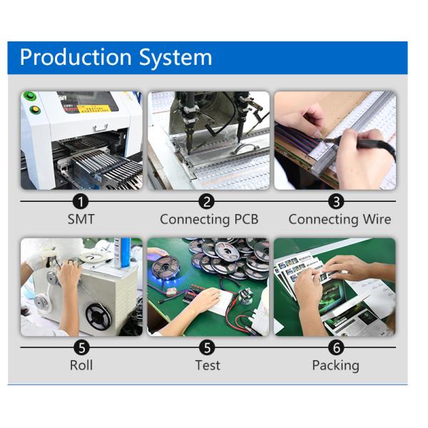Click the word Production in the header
pos(76,57)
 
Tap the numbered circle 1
pos(81,202)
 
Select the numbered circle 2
pos(207,202)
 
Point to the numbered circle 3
pos(336,202)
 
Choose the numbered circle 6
pos(337,348)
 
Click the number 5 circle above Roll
pos(81,348)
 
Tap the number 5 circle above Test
pos(207,348)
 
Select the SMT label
pos(81,219)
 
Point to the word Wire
pos(377,219)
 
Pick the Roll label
pos(81,365)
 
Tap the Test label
pos(208,365)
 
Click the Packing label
pos(335,366)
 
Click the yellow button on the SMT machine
pos(35,109)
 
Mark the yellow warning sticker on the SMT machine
pos(93,108)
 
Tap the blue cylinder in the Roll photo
pos(126,253)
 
